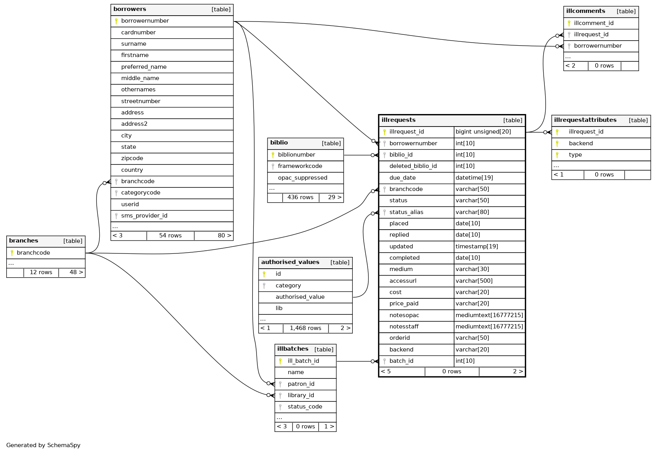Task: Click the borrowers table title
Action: pos(130,9)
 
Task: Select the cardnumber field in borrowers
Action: pos(138,32)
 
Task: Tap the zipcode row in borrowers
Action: pos(132,158)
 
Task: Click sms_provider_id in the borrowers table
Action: pos(144,216)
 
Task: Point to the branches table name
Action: pos(23,241)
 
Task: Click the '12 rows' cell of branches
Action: pos(41,272)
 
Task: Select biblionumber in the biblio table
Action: pos(296,155)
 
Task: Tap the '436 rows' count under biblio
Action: pos(300,197)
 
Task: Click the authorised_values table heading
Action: pos(290,262)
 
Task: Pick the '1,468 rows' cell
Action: pos(305,328)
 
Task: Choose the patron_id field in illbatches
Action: pos(301,384)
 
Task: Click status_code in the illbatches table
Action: pos(305,407)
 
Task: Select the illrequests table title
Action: pos(399,120)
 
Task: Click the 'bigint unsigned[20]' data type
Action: pos(483,132)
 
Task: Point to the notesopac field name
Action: pos(404,315)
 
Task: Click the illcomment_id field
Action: pos(594,23)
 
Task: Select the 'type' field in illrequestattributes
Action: pos(575,155)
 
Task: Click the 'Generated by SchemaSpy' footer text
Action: pos(43,445)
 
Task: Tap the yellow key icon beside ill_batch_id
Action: pos(280,361)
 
